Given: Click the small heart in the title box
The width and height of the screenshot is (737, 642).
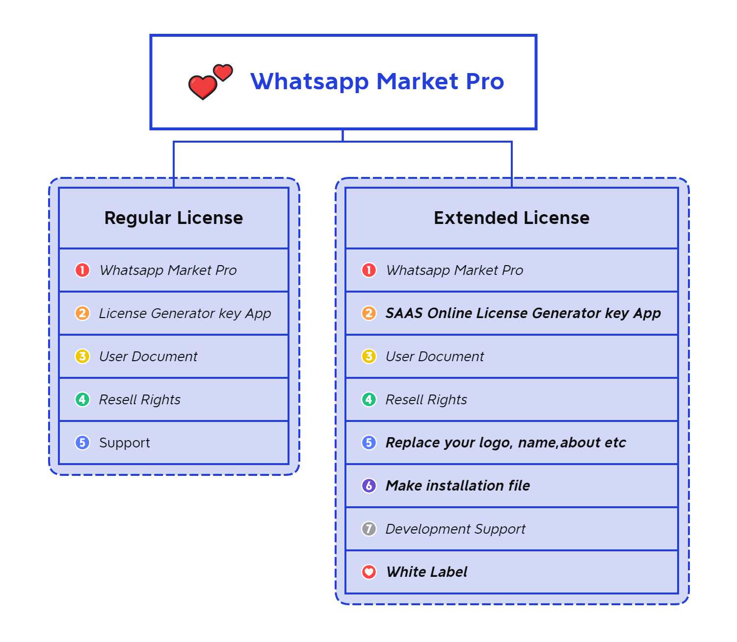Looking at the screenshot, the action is (223, 73).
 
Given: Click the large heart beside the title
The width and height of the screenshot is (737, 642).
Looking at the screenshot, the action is (203, 87).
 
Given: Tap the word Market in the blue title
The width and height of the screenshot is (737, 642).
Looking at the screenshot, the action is (417, 81).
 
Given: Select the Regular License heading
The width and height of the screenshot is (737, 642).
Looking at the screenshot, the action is (174, 218).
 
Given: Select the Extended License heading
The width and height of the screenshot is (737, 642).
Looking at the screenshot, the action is (511, 218).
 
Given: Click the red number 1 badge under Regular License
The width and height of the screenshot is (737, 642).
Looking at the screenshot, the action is (82, 270).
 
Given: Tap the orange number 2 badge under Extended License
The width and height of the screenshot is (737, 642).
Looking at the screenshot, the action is (369, 313).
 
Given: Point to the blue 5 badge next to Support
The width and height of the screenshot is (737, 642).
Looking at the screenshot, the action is (82, 443).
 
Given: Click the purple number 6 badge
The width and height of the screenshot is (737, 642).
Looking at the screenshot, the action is (369, 486).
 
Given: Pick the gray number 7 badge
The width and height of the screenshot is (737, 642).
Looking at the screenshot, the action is (369, 529).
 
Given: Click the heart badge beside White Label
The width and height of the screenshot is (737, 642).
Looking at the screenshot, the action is (369, 572).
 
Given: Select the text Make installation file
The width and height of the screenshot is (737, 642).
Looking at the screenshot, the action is (458, 486).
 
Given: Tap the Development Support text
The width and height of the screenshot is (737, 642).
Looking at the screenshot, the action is (456, 529).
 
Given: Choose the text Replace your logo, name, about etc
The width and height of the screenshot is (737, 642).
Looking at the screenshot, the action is (506, 443).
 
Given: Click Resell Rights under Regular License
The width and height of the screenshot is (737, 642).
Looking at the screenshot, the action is (140, 399).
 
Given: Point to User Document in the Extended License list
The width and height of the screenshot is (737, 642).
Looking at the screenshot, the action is (435, 356).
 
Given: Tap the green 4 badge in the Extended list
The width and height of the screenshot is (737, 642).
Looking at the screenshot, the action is (369, 399).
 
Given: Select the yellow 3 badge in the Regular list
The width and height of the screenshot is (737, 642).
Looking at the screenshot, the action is (82, 356).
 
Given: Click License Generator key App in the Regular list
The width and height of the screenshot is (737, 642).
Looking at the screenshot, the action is (185, 313).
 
